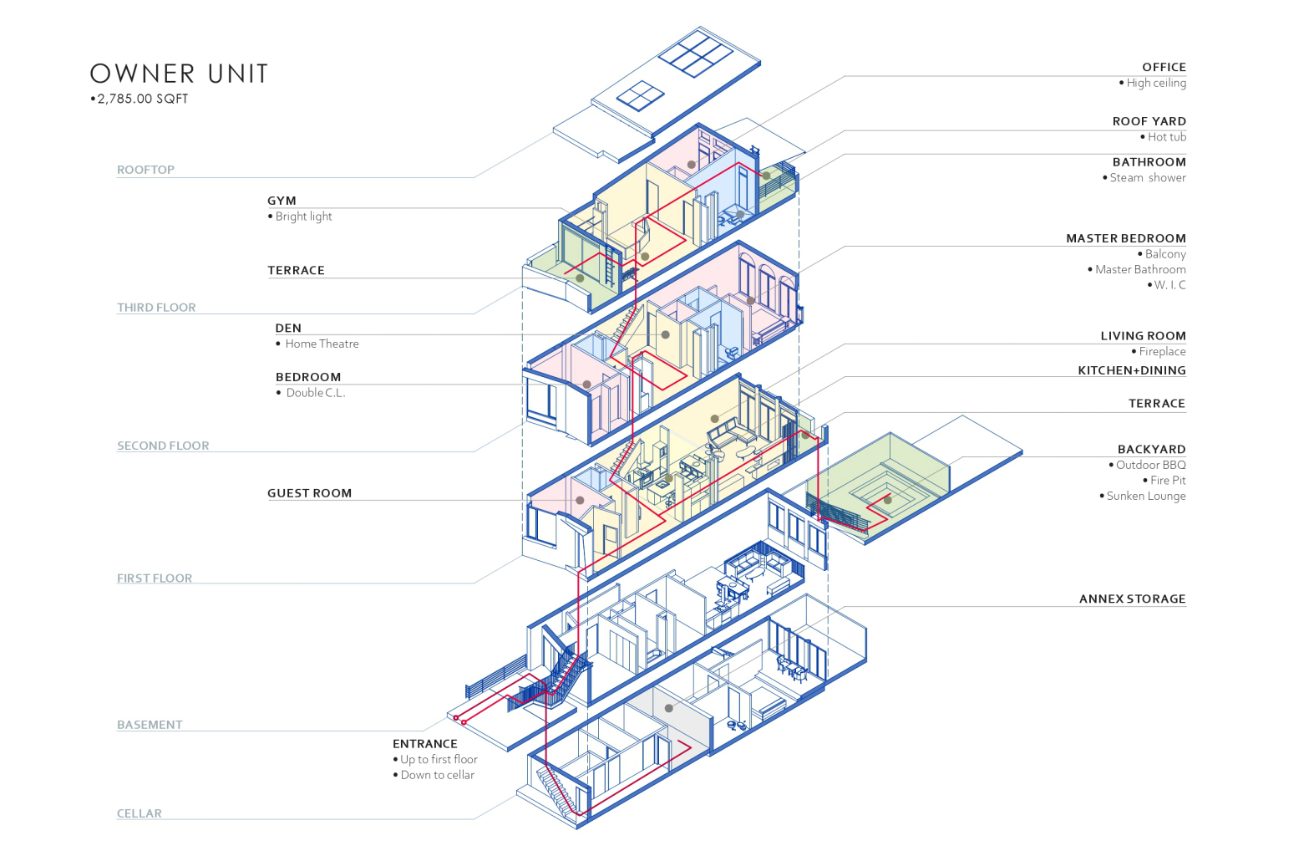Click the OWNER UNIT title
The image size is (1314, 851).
click(179, 74)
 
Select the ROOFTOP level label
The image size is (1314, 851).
click(145, 170)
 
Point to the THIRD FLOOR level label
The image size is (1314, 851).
click(156, 308)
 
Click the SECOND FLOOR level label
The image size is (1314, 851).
click(163, 446)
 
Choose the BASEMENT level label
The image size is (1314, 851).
click(150, 725)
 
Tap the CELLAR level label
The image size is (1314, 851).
click(140, 813)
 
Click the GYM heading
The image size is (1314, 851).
click(282, 201)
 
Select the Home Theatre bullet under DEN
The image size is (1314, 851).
click(322, 344)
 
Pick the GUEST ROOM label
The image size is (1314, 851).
click(309, 493)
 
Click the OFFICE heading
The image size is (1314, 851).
click(1164, 67)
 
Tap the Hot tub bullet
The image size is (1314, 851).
click(1166, 137)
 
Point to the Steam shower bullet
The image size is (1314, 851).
click(1147, 177)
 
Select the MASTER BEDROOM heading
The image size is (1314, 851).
click(1125, 238)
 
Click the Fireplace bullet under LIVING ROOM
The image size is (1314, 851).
click(1162, 352)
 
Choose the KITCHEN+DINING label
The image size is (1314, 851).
click(1131, 370)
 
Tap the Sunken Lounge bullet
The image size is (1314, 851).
click(1145, 496)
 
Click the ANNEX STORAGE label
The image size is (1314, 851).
click(1132, 599)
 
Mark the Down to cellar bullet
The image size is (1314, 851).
click(437, 775)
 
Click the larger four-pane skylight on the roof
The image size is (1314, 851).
click(696, 52)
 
